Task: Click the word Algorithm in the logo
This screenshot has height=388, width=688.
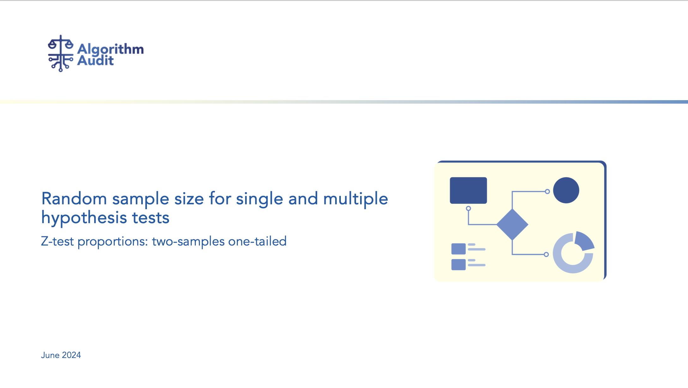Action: click(111, 50)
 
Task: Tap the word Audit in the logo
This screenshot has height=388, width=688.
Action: click(95, 60)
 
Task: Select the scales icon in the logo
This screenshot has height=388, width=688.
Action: click(61, 53)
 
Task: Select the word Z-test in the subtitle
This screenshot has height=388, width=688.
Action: click(57, 241)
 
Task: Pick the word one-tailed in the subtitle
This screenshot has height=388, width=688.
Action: click(257, 241)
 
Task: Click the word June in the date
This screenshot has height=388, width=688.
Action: click(50, 355)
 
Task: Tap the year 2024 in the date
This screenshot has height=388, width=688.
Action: click(71, 355)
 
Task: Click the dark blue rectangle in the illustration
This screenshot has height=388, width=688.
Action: click(468, 191)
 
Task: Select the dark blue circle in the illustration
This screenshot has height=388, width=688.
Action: click(566, 190)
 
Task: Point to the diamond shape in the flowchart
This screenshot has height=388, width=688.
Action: click(512, 224)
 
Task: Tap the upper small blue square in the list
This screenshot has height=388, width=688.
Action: click(458, 249)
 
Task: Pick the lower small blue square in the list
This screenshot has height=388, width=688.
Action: click(458, 264)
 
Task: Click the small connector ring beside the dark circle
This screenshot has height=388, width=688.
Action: click(547, 191)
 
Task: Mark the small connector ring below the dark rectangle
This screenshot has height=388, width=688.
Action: click(468, 209)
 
